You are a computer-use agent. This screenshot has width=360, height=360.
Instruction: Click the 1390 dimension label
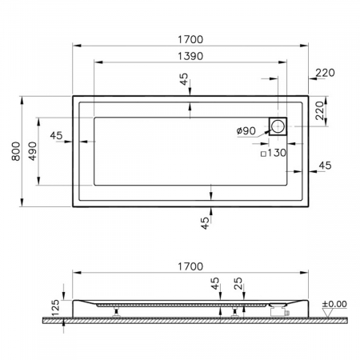[190, 56]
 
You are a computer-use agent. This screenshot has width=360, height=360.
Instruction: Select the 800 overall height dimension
[16, 151]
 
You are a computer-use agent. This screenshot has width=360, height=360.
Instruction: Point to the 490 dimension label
[33, 151]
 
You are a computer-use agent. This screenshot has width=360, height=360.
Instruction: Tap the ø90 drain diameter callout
[246, 130]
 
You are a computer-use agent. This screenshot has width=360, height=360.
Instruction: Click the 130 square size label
[277, 153]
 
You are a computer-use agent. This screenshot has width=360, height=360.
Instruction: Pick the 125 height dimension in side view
[55, 308]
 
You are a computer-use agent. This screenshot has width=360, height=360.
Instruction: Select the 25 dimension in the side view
[238, 283]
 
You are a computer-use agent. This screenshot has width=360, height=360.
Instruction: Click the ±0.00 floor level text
[334, 304]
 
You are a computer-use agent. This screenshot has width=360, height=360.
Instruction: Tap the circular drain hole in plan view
[278, 126]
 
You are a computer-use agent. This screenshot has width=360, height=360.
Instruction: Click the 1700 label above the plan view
[190, 39]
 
